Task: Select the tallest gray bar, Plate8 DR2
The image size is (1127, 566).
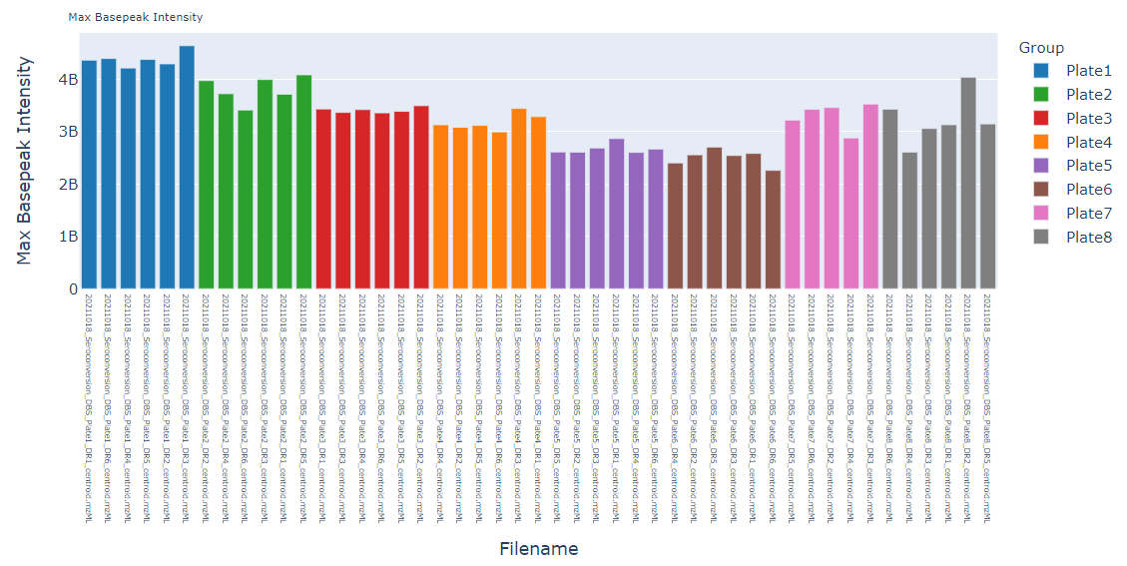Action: coord(967,184)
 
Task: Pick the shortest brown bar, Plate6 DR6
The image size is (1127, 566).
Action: coord(773,231)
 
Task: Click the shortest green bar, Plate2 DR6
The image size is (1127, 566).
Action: coord(246,200)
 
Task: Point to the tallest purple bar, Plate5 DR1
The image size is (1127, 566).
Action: coord(617,215)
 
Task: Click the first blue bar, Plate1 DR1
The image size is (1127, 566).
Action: coord(89,176)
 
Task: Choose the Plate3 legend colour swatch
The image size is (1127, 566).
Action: coord(1041,118)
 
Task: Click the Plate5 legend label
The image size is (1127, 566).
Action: coord(1088,166)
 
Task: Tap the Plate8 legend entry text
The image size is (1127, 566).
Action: coord(1088,237)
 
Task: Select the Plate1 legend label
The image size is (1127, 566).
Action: coord(1088,71)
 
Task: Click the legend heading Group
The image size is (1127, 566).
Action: coord(1041,48)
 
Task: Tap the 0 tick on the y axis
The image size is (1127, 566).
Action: coord(73,289)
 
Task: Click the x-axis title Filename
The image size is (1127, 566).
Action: coord(538,549)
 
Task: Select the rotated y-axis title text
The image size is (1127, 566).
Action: coord(25,160)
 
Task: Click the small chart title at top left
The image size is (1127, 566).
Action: coord(136,17)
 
